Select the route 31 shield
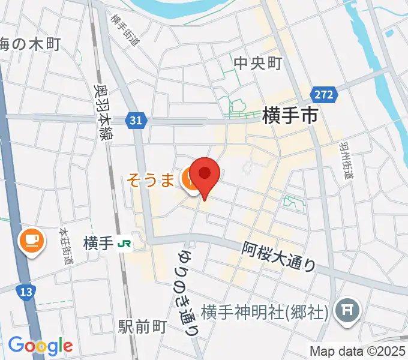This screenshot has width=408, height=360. coord(136,121)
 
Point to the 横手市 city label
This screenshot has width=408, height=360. coord(290,116)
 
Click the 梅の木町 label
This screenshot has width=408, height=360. coord(30,44)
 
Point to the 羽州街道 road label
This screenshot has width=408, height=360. coord(345,160)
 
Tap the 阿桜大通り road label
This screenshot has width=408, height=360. coord(279,256)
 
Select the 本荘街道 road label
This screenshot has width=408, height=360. coord(67,245)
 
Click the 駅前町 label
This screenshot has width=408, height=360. coord(142,327)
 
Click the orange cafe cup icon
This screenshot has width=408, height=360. coord(31,241)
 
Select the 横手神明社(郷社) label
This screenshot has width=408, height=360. coord(264,312)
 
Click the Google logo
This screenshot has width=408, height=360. coord(40,345)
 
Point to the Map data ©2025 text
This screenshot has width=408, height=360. coord(357,351)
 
